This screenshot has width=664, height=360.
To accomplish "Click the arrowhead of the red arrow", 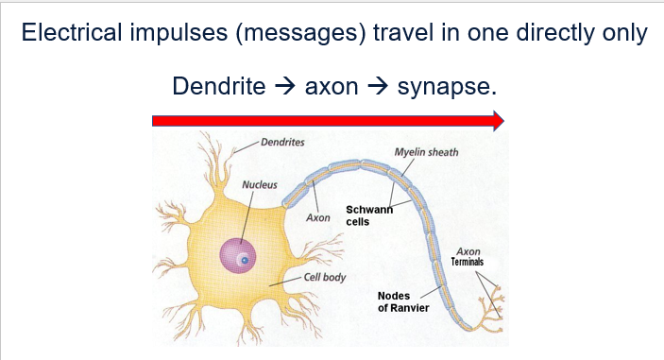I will pyautogui.click(x=496, y=120).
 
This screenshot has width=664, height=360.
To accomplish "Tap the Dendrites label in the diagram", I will pyautogui.click(x=281, y=142).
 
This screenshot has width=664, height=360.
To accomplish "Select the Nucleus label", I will pyautogui.click(x=260, y=183).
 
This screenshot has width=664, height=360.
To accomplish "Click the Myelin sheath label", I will pyautogui.click(x=426, y=151).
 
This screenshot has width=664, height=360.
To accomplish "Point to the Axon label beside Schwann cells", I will pyautogui.click(x=318, y=218).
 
